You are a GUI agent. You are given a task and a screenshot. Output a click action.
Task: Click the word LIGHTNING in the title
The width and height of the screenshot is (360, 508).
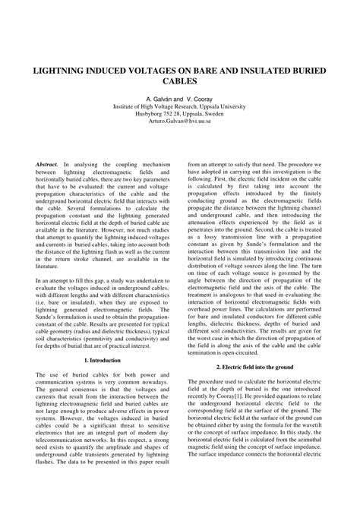tap(60, 68)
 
